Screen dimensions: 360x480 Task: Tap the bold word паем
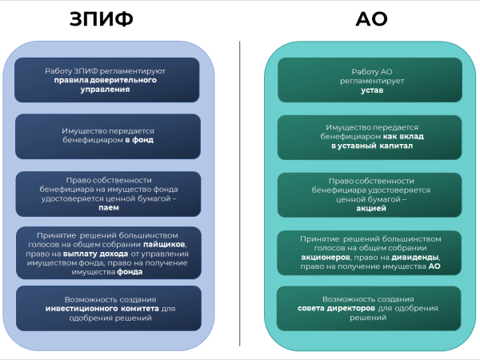click(107, 206)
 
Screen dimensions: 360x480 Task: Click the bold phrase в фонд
click(139, 139)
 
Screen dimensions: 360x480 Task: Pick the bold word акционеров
click(324, 258)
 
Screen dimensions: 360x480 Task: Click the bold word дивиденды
click(415, 258)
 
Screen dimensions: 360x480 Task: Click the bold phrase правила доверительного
click(105, 80)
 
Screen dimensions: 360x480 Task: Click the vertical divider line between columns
click(240, 192)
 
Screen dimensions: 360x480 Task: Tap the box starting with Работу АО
click(371, 81)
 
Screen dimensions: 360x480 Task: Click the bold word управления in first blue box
click(105, 90)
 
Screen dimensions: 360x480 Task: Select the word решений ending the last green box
click(370, 318)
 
